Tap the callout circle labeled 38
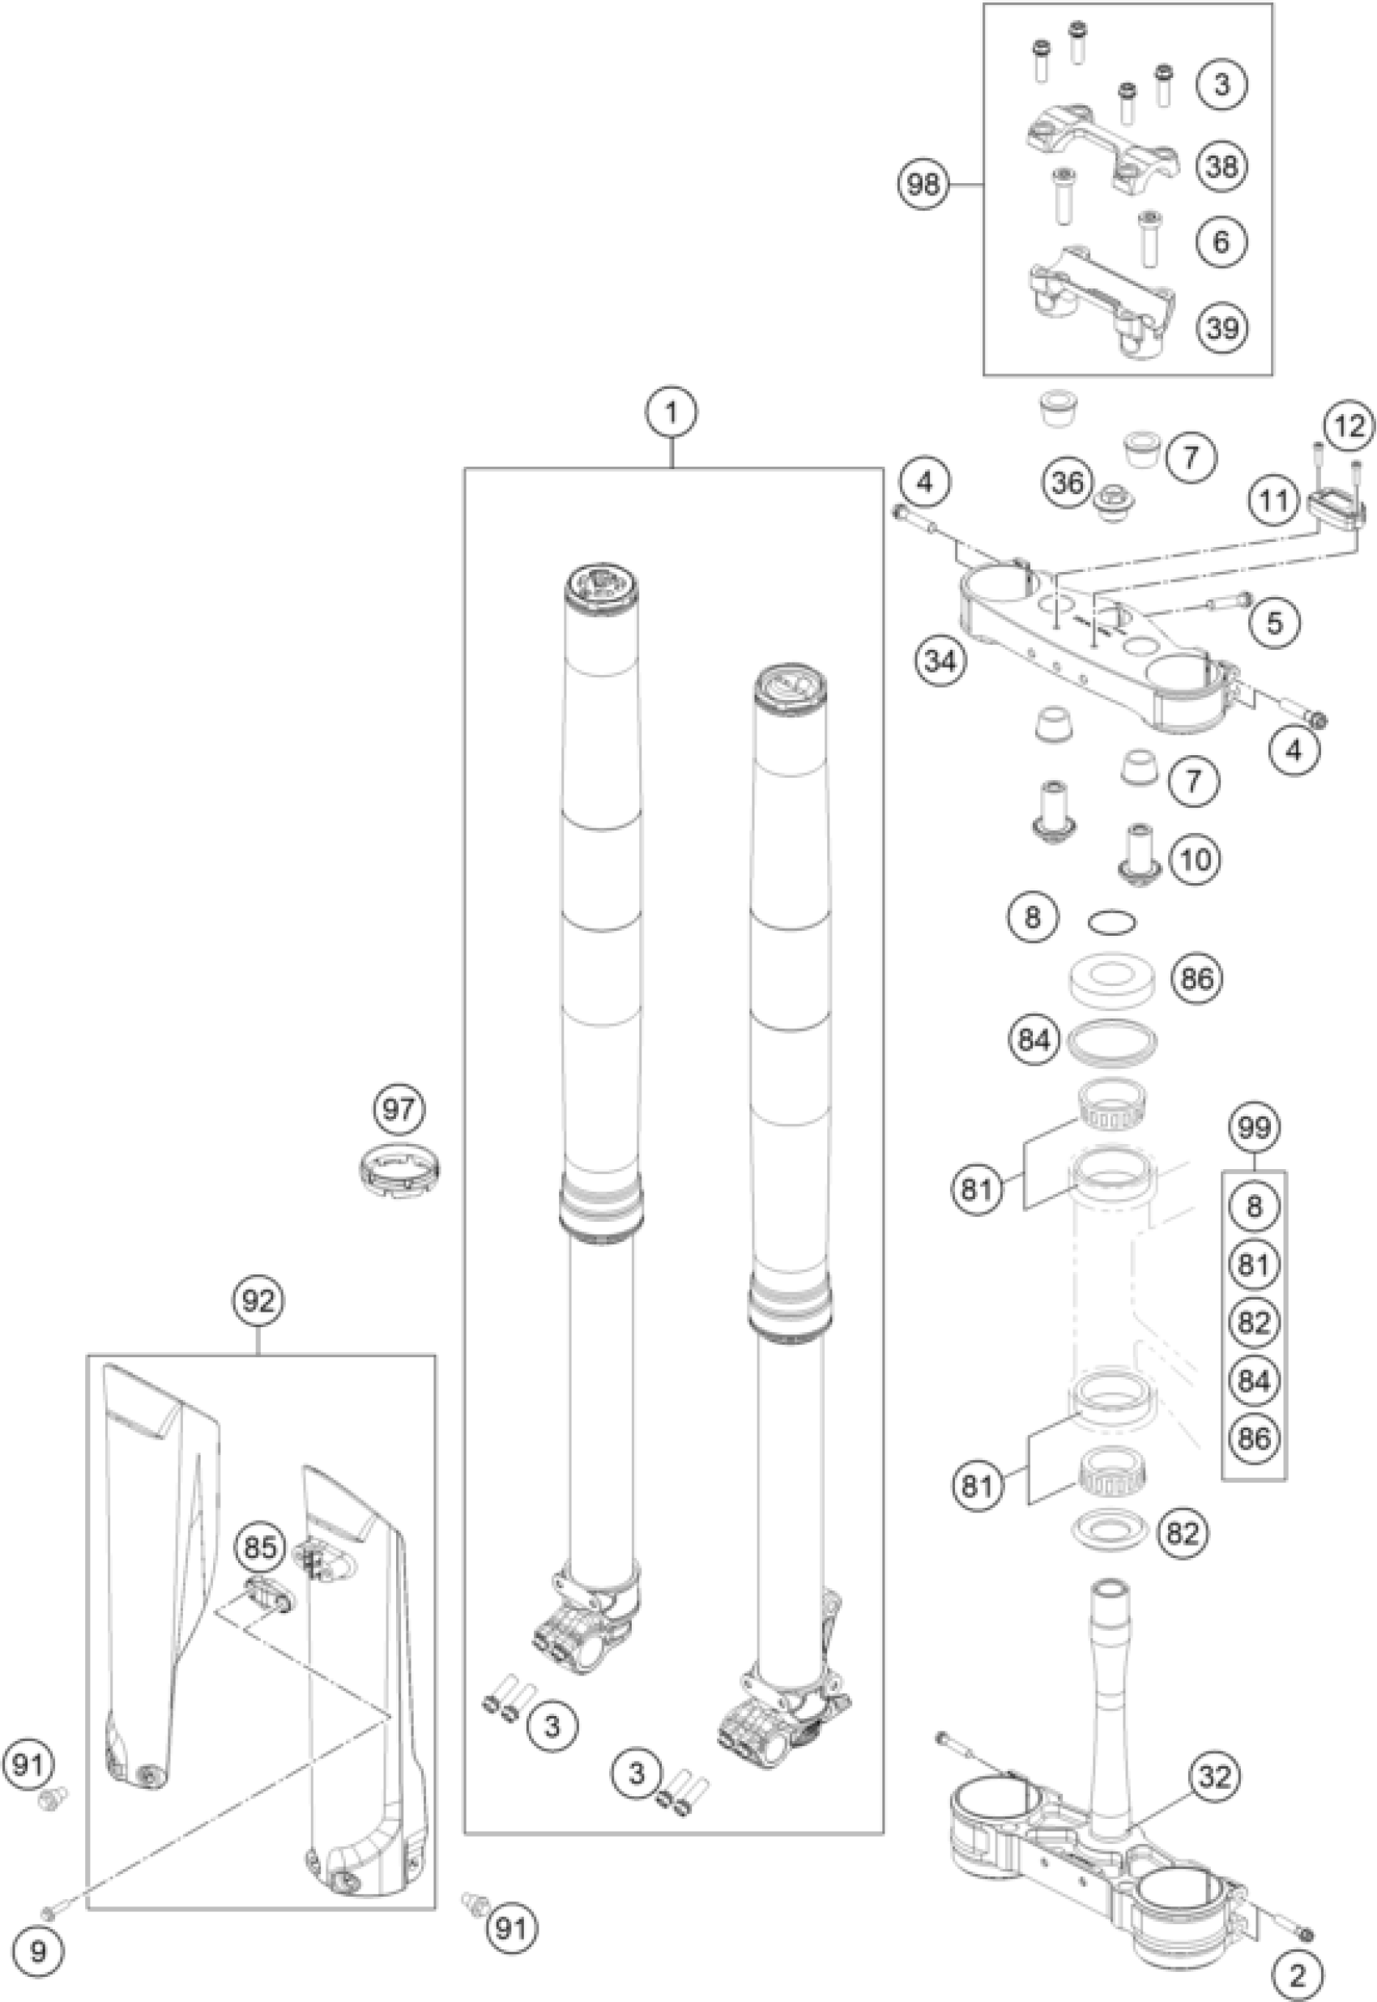(x=1221, y=165)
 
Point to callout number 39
(x=1221, y=328)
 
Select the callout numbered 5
(x=1274, y=621)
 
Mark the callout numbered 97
(x=399, y=1110)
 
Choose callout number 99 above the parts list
(x=1254, y=1128)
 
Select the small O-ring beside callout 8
(x=1111, y=922)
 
